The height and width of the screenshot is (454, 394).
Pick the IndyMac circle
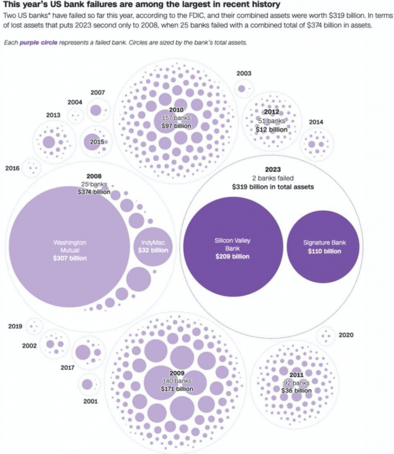(153, 247)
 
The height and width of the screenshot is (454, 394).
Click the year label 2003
(244, 74)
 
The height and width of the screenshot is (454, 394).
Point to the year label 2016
(12, 168)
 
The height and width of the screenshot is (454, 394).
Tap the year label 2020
(346, 335)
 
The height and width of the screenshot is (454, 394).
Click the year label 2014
(316, 122)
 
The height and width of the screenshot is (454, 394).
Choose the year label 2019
(15, 326)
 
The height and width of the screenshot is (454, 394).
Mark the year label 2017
(67, 368)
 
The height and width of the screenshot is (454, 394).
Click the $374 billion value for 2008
(94, 192)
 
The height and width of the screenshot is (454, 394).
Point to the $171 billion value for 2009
(177, 389)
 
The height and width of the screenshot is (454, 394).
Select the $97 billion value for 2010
(176, 126)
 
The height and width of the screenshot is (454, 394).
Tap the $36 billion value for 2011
(296, 391)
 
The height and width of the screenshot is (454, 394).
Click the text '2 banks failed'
(273, 178)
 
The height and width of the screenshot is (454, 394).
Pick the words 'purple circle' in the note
(38, 43)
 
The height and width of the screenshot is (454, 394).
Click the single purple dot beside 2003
(241, 89)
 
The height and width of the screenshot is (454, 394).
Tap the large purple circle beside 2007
(96, 110)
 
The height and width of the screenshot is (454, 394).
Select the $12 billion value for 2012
(271, 129)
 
